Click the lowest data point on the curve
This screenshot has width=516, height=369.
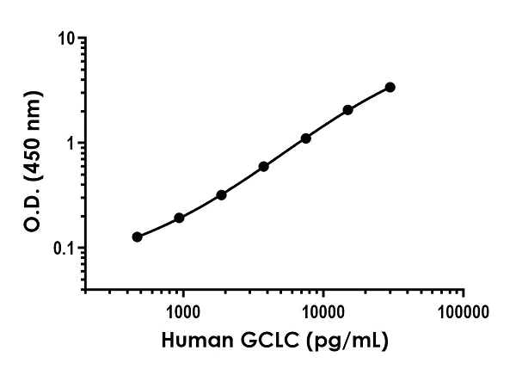pos(138,237)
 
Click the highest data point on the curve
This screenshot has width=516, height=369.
pos(390,87)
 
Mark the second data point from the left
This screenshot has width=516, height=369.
pos(180,218)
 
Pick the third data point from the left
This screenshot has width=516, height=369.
pos(222,195)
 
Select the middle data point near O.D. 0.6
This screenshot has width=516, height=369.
pos(264,166)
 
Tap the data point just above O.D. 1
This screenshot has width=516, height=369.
pos(306,138)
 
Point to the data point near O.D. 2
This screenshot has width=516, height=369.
pos(348,110)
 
